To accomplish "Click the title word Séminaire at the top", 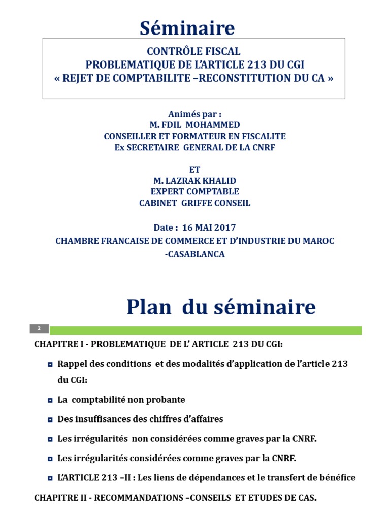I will [187, 28].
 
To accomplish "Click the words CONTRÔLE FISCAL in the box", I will [193, 52].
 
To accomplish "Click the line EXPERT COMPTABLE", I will [194, 192].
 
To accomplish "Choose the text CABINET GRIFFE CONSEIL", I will [194, 203].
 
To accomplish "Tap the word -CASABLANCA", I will [194, 254].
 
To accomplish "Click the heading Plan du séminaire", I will [221, 307].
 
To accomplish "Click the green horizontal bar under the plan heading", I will [206, 330].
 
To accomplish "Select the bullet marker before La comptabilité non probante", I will [50, 400].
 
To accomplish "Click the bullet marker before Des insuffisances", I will [50, 420].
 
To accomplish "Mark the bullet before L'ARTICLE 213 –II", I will [50, 478].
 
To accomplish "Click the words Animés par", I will [194, 114].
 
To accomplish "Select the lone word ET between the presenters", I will [194, 170].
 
